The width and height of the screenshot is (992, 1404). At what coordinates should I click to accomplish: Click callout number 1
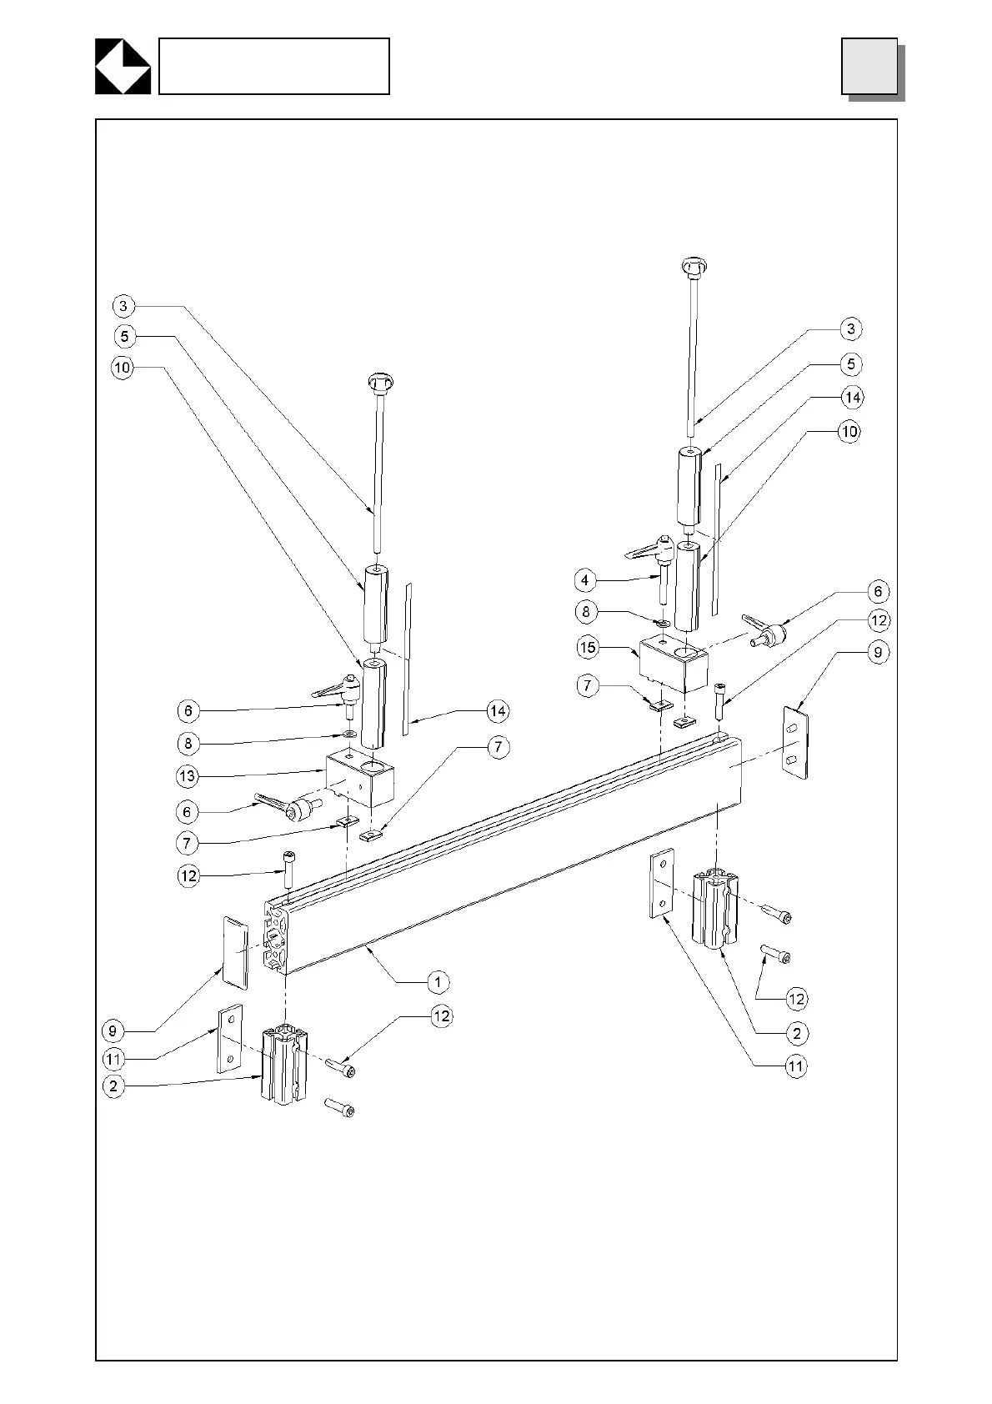point(438,981)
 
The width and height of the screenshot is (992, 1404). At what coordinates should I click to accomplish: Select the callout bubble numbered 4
point(585,579)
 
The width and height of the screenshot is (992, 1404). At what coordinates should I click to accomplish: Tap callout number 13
point(187,776)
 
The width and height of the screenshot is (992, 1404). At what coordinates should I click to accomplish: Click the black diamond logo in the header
point(123,66)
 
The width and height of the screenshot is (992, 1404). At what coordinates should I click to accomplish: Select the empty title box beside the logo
point(273,66)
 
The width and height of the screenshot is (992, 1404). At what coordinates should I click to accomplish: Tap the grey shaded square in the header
point(869,66)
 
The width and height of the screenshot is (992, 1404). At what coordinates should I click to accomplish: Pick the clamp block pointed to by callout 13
point(360,776)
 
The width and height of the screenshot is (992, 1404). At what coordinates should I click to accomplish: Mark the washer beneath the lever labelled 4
point(663,623)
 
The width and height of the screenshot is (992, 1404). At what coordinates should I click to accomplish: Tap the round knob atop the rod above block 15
point(694,267)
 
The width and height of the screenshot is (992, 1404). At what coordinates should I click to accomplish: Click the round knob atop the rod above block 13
point(379,384)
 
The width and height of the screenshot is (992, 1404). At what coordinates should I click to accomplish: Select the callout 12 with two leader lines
point(797,999)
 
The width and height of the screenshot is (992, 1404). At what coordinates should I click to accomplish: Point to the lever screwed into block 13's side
point(288,805)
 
